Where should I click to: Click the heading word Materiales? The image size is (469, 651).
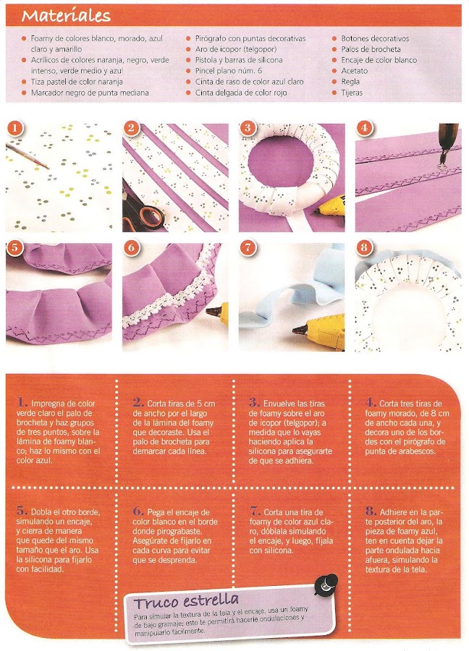coord(66,16)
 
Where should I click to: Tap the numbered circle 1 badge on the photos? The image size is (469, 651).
coord(14,128)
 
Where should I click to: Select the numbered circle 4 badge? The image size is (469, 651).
coord(364,128)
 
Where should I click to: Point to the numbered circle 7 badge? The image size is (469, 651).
coord(248,248)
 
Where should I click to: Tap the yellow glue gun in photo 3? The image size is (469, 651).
coord(330,206)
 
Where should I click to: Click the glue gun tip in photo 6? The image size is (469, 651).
coord(212,310)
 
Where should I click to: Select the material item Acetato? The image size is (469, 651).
coord(355,71)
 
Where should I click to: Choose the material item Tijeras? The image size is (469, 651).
coord(352,93)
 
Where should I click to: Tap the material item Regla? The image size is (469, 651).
coord(350,82)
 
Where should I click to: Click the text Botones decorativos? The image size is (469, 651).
coord(375,38)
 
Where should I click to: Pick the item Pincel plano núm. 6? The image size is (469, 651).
coord(229,71)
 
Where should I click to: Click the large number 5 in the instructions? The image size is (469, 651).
coord(22,511)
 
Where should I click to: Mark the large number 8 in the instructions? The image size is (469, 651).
coord(371,511)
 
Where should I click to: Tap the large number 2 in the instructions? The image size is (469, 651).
coord(138,402)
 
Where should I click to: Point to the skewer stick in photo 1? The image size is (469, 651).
coord(27,156)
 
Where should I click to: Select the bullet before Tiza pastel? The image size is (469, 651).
coord(24,82)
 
